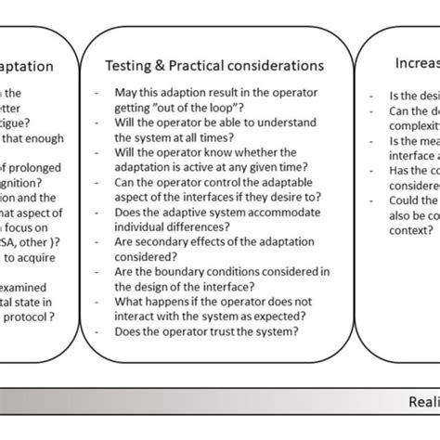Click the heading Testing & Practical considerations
tap(214, 66)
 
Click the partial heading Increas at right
tap(412, 66)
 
